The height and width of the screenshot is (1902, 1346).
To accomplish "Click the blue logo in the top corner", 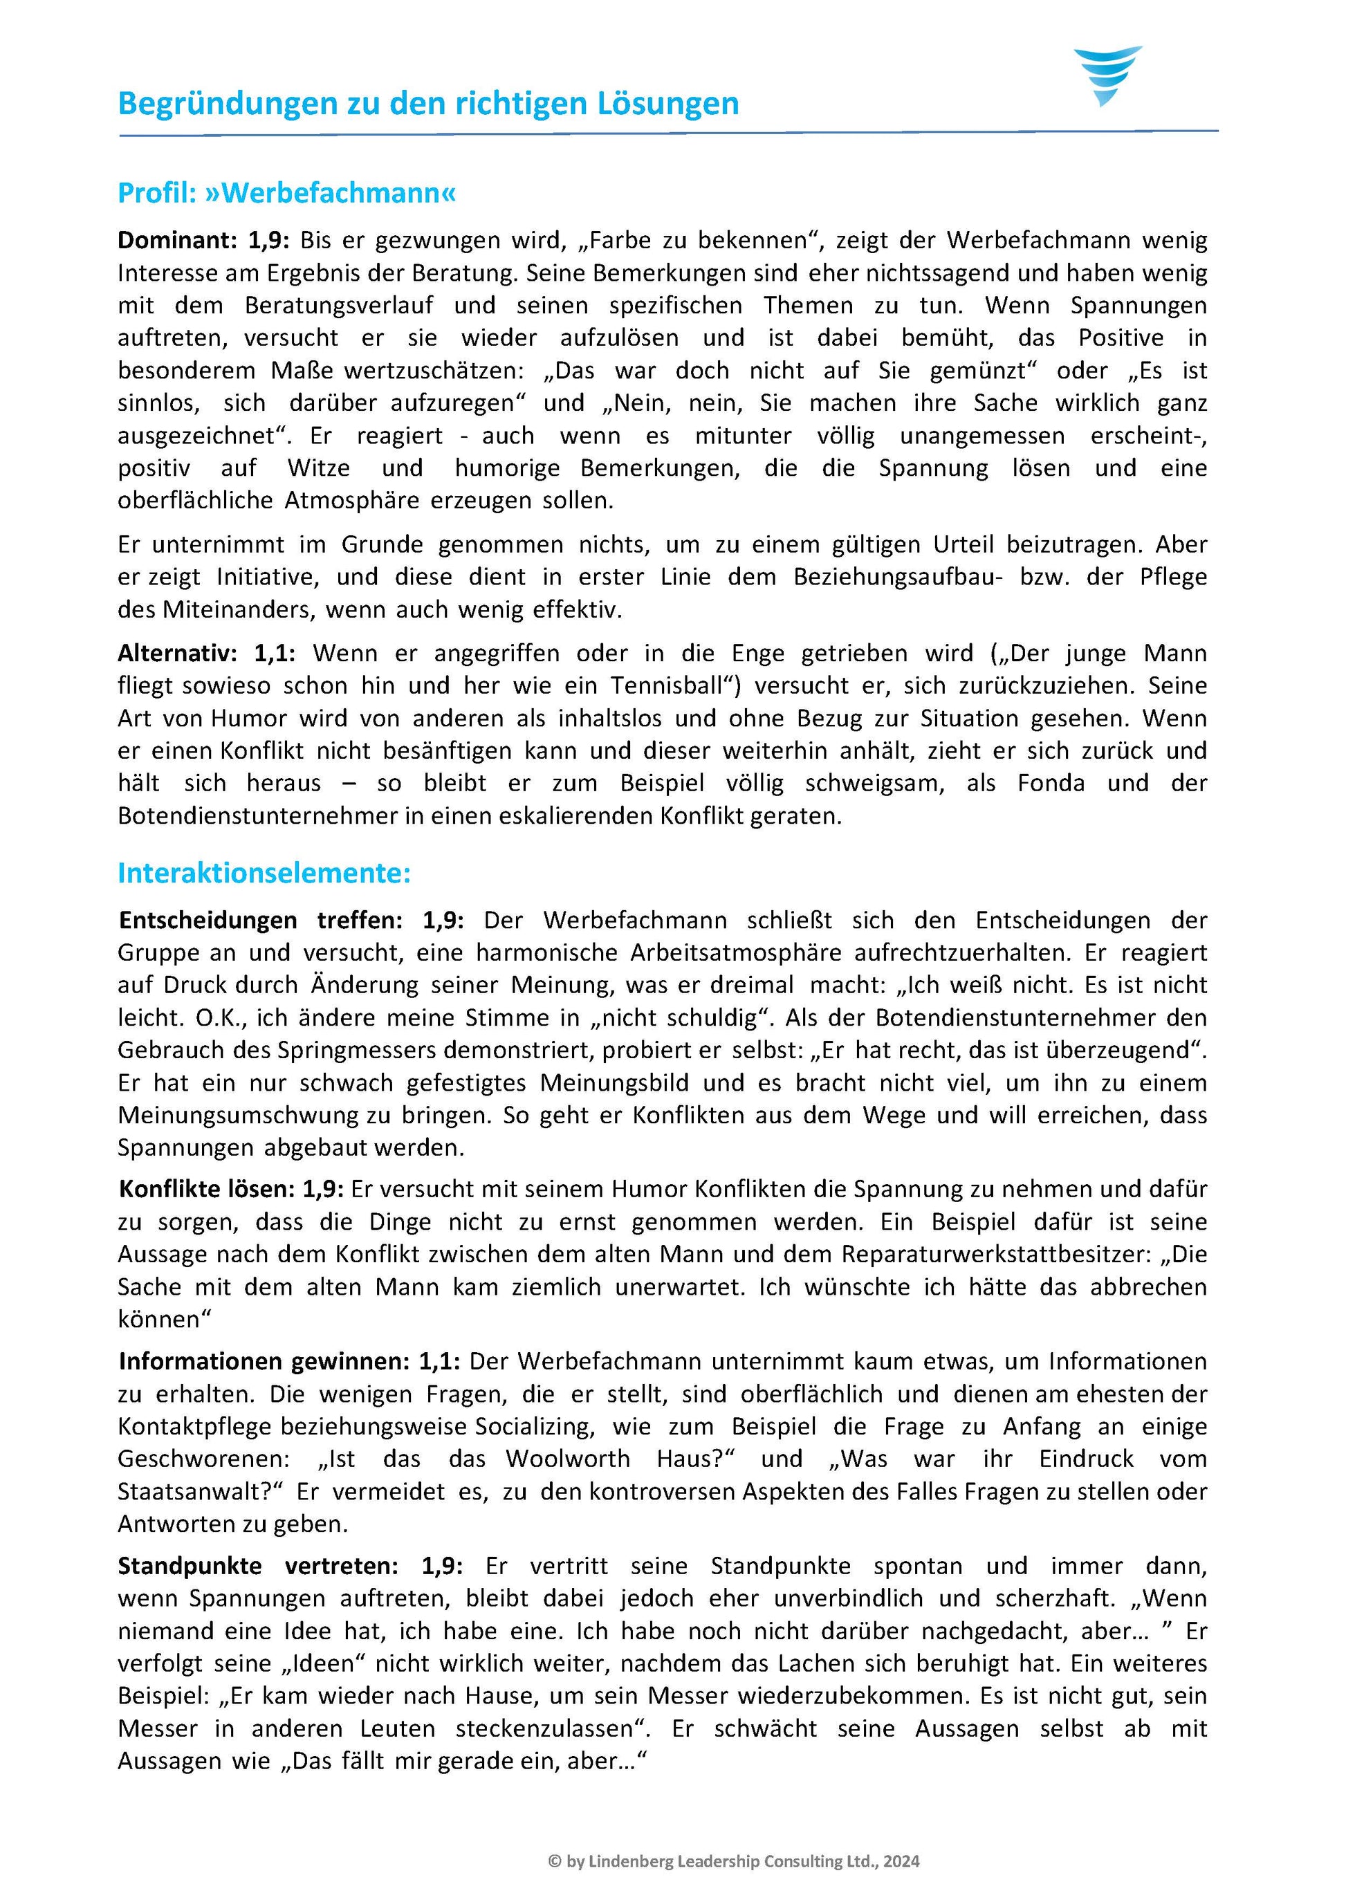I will pyautogui.click(x=1107, y=75).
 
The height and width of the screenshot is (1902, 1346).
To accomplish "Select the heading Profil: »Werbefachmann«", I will pyautogui.click(x=287, y=193).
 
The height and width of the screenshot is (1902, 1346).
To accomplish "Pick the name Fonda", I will pyautogui.click(x=1050, y=783).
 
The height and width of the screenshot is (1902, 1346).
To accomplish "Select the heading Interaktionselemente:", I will pyautogui.click(x=264, y=874).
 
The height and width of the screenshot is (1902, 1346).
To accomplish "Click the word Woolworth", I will pyautogui.click(x=568, y=1459).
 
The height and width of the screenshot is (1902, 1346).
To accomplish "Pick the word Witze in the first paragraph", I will pyautogui.click(x=318, y=468).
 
